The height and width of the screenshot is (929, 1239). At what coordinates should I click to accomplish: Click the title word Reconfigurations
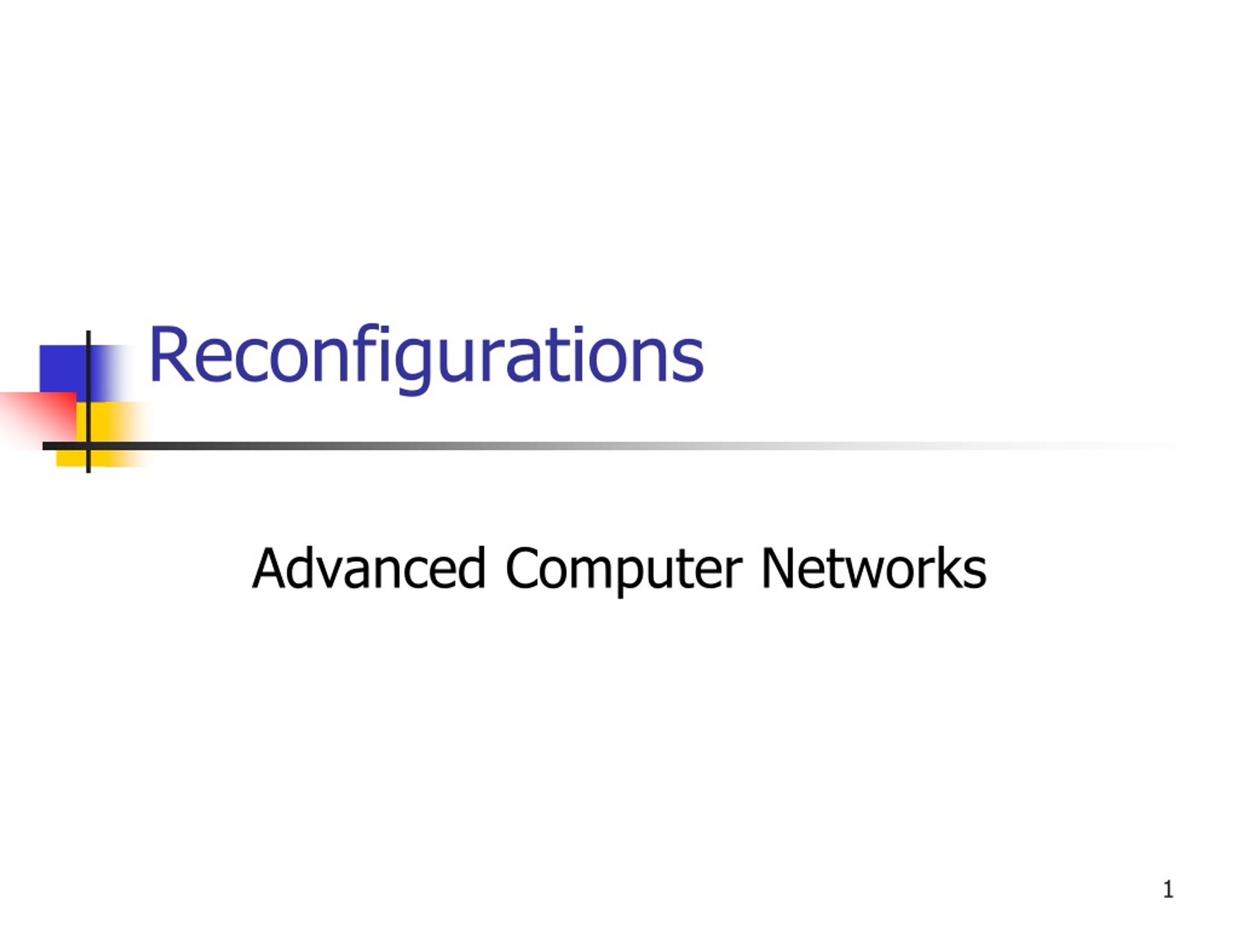click(426, 359)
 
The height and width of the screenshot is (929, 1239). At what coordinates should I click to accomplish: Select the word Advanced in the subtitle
click(369, 569)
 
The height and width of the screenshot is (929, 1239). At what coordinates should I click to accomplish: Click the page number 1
click(1168, 889)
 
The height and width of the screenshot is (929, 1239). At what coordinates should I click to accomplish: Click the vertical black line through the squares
click(89, 402)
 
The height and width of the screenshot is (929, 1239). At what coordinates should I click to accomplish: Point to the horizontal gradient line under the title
click(627, 446)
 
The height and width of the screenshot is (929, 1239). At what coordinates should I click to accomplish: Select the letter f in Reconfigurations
click(365, 353)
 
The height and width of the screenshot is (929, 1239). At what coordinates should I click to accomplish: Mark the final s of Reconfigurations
click(688, 363)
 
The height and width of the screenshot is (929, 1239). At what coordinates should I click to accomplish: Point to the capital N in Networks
click(780, 569)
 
